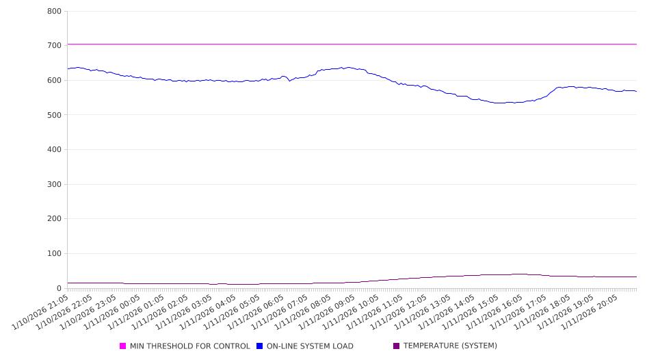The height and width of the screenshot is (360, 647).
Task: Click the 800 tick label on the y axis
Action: (54, 12)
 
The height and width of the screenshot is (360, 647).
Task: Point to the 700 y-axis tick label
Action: (54, 46)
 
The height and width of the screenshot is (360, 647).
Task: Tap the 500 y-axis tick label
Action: (54, 115)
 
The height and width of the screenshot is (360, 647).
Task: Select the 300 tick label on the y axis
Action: (54, 185)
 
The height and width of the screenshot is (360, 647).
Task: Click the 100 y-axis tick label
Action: (54, 254)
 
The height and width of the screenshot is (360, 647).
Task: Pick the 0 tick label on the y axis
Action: (60, 289)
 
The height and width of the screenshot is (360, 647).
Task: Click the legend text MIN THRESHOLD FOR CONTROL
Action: (190, 346)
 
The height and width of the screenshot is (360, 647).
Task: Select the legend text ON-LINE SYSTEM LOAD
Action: (310, 346)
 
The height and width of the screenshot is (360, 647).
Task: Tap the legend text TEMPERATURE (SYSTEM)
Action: (450, 346)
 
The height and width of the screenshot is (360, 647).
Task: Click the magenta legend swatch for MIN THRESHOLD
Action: (123, 346)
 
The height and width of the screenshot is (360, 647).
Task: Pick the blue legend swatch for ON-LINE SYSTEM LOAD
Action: (260, 346)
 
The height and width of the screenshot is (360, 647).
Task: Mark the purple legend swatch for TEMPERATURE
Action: (397, 346)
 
